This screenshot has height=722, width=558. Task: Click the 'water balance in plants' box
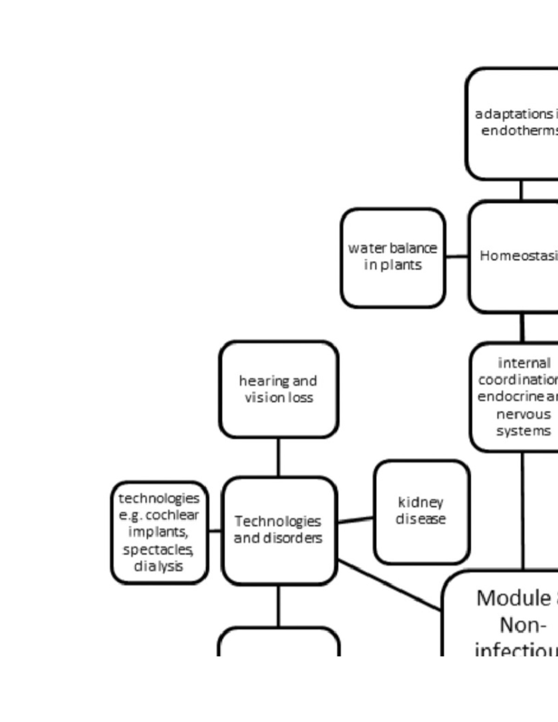click(x=393, y=258)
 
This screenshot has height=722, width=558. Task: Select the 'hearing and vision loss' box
click(x=278, y=390)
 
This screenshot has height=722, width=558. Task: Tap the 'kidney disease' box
click(x=421, y=511)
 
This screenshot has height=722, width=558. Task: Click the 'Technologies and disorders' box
click(x=279, y=530)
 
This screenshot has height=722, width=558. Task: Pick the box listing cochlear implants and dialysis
click(x=159, y=532)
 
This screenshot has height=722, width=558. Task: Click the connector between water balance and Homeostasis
click(x=457, y=256)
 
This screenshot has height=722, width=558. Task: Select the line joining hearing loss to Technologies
click(x=278, y=457)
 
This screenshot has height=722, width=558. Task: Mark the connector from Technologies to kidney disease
click(x=355, y=520)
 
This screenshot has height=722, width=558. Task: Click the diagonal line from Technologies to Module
click(x=389, y=585)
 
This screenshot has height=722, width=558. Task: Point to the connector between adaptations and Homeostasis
click(x=521, y=190)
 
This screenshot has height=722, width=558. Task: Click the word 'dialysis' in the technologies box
click(x=158, y=566)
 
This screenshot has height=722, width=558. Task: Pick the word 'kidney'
click(x=420, y=502)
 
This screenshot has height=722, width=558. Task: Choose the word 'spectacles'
click(x=158, y=550)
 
